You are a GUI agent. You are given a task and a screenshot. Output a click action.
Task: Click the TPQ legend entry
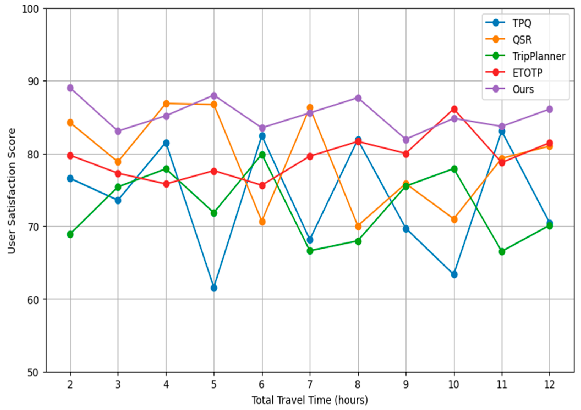(x=521, y=23)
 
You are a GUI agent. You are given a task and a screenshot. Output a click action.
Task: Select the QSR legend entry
(x=522, y=40)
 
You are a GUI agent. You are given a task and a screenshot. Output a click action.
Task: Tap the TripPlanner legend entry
(x=538, y=56)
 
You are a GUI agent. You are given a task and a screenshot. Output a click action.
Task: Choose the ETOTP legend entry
(x=527, y=73)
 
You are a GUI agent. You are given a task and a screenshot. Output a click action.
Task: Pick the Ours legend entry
(x=523, y=89)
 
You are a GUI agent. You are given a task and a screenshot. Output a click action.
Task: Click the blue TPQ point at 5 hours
(x=214, y=288)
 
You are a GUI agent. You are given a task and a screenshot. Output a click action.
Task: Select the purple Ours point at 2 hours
(x=70, y=88)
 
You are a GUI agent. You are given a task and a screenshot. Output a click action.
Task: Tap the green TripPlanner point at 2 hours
(x=70, y=234)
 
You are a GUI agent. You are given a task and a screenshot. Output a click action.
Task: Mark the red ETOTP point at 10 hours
(x=454, y=109)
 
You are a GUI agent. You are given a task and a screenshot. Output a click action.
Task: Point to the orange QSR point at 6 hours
(x=262, y=222)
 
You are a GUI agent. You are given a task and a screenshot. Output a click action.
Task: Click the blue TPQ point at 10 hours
(x=454, y=274)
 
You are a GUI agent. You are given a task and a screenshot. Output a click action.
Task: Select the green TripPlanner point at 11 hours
(x=502, y=252)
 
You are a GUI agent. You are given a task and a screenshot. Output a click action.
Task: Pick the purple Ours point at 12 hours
(x=549, y=109)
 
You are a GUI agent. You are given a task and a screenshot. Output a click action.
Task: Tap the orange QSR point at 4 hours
(x=166, y=104)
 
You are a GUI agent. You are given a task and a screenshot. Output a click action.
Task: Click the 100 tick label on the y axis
(x=30, y=9)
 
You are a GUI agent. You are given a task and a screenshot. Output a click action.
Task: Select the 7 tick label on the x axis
(x=310, y=384)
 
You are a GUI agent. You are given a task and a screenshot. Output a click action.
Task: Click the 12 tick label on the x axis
(x=549, y=384)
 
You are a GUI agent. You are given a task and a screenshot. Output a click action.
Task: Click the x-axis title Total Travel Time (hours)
(x=310, y=400)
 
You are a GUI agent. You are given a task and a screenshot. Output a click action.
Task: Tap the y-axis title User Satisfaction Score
(x=12, y=191)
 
